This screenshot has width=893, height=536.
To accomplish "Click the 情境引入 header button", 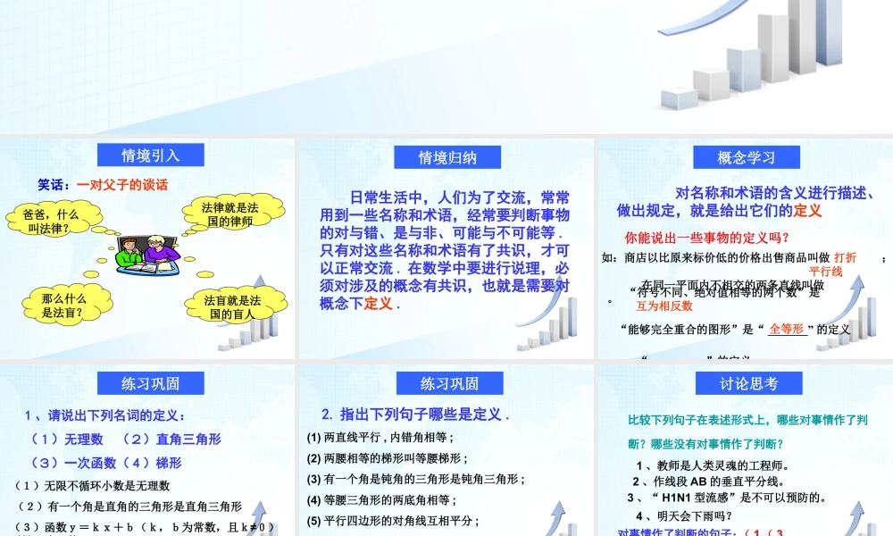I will [x=150, y=155].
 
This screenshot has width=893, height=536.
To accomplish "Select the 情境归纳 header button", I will [x=447, y=157].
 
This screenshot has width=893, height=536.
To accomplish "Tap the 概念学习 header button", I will [x=746, y=157].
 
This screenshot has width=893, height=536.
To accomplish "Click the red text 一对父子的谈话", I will [x=122, y=185].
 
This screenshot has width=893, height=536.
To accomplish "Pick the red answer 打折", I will [x=845, y=257].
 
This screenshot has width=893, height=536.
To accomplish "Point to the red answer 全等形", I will [x=786, y=328].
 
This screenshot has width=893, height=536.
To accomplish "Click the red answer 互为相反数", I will [x=658, y=306].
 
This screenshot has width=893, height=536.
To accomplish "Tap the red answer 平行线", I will [x=826, y=271].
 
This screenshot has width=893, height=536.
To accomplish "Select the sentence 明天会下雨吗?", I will [x=683, y=515].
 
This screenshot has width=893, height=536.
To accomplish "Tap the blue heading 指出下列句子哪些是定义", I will [x=415, y=415].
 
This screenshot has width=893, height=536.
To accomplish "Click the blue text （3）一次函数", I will [x=67, y=463].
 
